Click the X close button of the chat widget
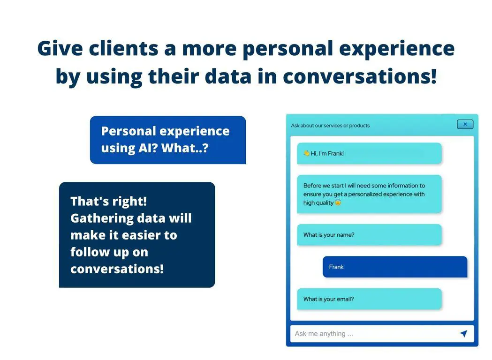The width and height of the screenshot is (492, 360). coord(465,125)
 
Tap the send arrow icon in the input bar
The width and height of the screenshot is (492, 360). coord(463,333)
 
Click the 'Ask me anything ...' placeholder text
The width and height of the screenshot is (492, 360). coord(324,334)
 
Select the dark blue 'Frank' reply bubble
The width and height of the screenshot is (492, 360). coord(395,267)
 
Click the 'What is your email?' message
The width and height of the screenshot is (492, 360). coord(369,299)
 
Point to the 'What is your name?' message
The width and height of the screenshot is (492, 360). coord(369,235)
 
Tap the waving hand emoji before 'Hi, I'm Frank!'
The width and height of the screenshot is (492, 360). coord(306,153)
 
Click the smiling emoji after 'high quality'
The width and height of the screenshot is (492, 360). coord(338,202)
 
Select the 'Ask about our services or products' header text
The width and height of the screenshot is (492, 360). coord(330,126)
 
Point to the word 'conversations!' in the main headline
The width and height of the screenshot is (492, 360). coord(360,76)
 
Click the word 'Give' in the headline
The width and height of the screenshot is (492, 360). coord(60,48)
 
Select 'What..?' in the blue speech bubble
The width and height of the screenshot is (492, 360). coord(185,148)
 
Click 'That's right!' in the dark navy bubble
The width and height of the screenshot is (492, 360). coord(108,201)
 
